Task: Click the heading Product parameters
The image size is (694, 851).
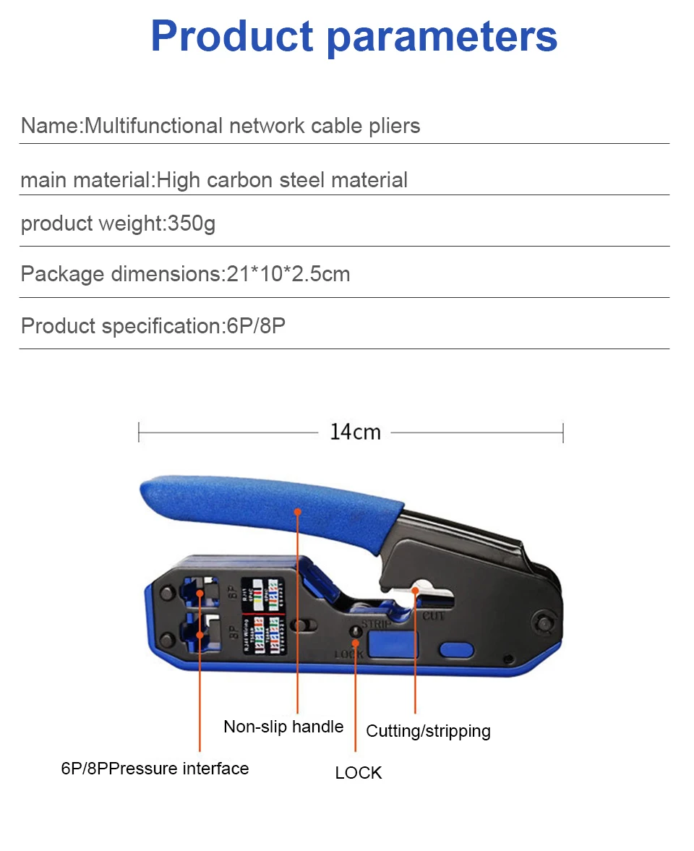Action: [354, 36]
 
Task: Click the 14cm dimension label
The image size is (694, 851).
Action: [355, 432]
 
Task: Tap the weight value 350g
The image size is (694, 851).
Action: [192, 224]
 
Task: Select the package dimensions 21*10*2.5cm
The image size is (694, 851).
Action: [285, 275]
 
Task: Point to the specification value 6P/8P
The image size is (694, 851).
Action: [256, 326]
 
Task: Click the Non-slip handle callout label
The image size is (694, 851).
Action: [283, 727]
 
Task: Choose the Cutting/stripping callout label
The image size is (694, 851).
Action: [428, 731]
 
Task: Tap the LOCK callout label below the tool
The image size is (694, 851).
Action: [358, 773]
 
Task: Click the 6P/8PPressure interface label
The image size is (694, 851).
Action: [155, 769]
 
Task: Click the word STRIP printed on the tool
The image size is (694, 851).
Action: [376, 623]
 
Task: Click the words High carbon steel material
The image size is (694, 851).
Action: [282, 180]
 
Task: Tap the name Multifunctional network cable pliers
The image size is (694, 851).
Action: [252, 126]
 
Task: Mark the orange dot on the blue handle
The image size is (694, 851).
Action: [297, 511]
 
